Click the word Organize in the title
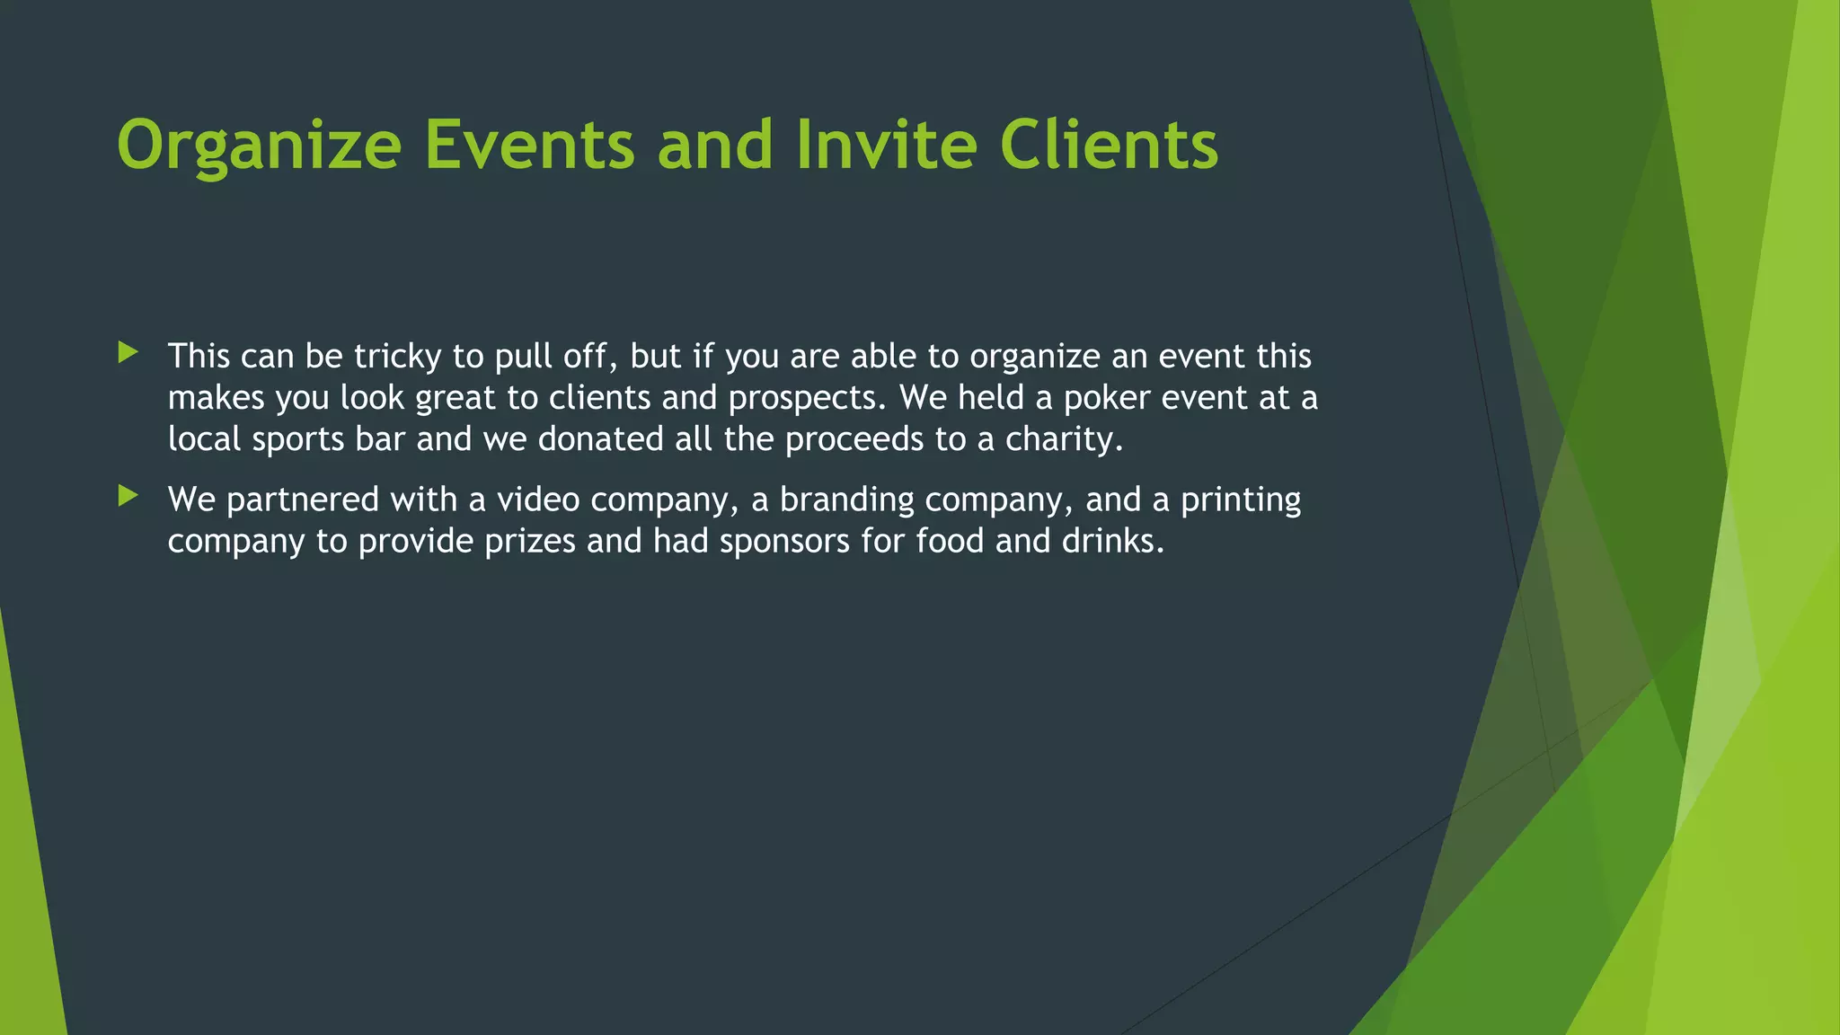(x=259, y=146)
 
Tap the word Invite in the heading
(x=886, y=146)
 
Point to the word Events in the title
(x=530, y=146)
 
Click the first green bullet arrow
(x=128, y=353)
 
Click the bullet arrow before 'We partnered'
(x=128, y=496)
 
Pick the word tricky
(x=397, y=357)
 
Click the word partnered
(x=303, y=500)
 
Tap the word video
(x=538, y=500)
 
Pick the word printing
(x=1241, y=500)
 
